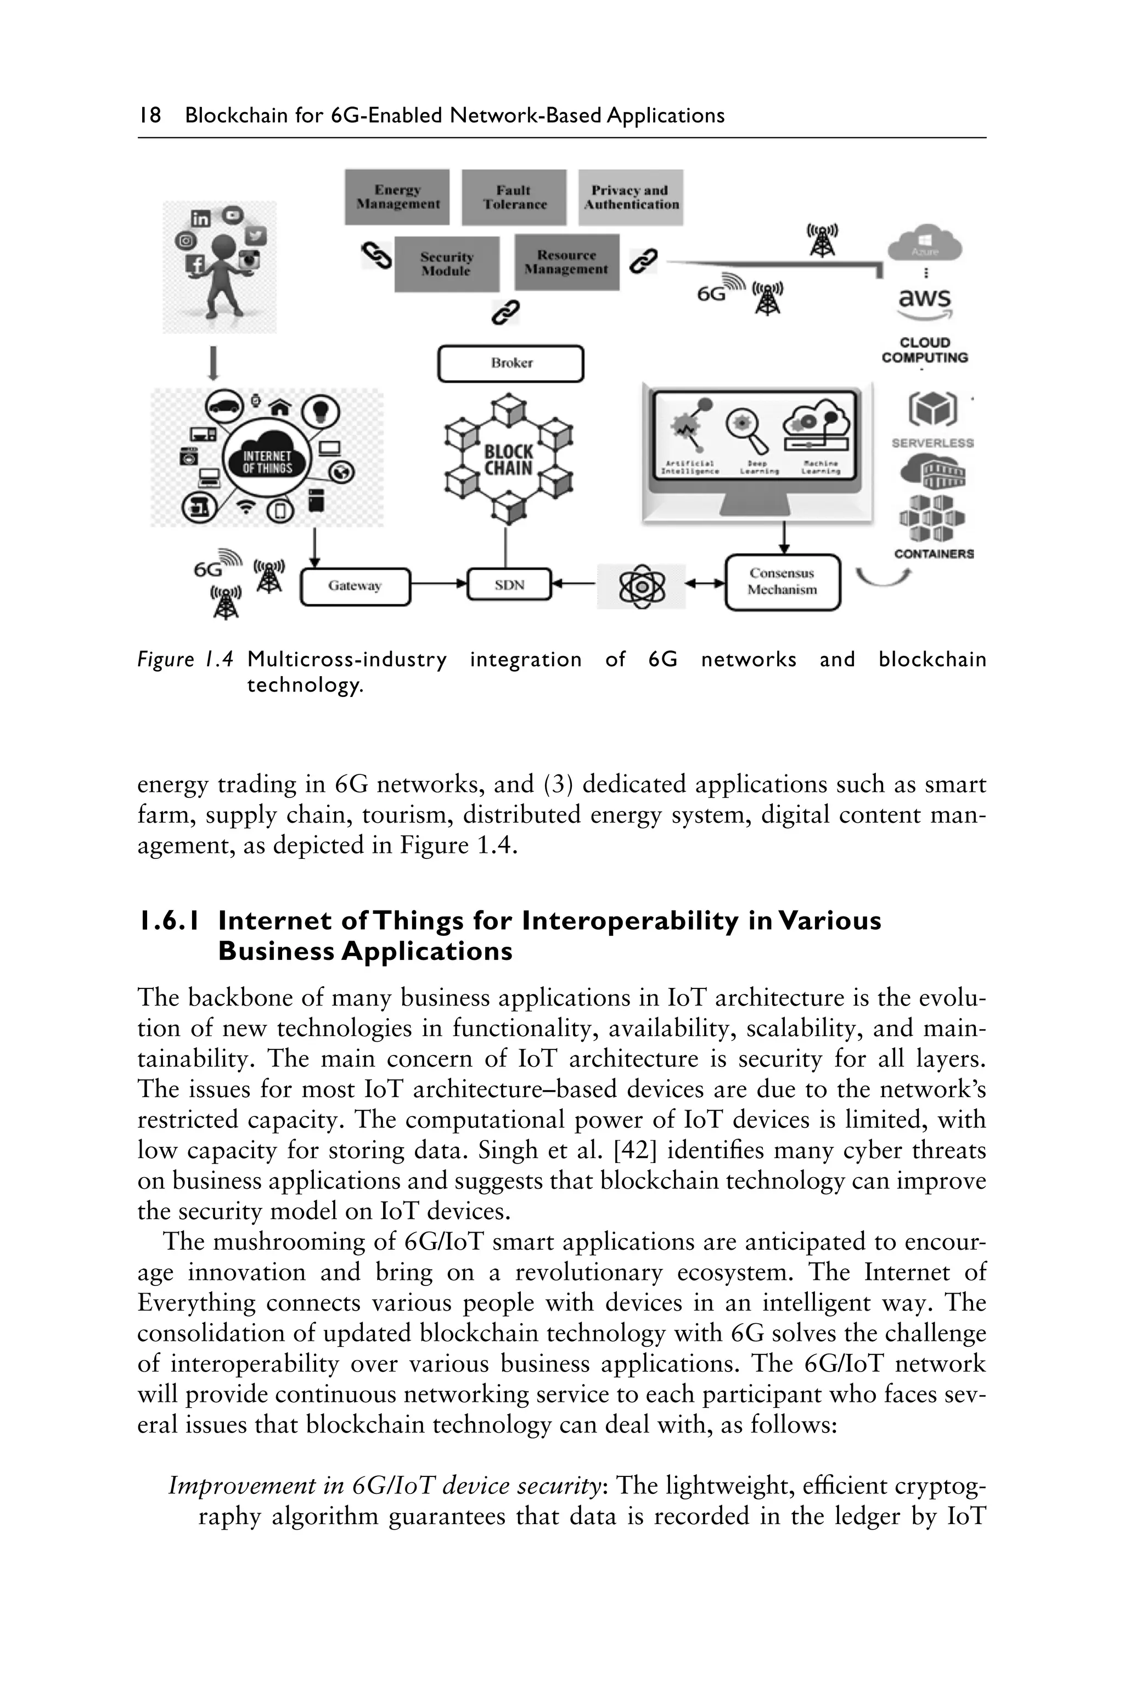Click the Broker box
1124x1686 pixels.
coord(510,363)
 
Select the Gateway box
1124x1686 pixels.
coord(355,586)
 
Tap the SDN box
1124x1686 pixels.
coord(509,585)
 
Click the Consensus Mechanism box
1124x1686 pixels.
coord(782,582)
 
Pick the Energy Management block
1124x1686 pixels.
coord(397,197)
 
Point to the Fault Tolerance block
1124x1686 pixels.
coord(514,197)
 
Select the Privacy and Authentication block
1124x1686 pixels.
coord(631,197)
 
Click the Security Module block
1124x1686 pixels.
coord(447,264)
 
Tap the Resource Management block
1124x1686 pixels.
coord(566,262)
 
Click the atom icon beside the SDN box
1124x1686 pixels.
coord(642,586)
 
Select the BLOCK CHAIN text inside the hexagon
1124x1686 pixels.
coord(508,460)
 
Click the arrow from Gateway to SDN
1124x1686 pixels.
coord(439,585)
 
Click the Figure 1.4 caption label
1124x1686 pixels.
coord(185,660)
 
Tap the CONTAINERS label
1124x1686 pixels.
coord(934,554)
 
